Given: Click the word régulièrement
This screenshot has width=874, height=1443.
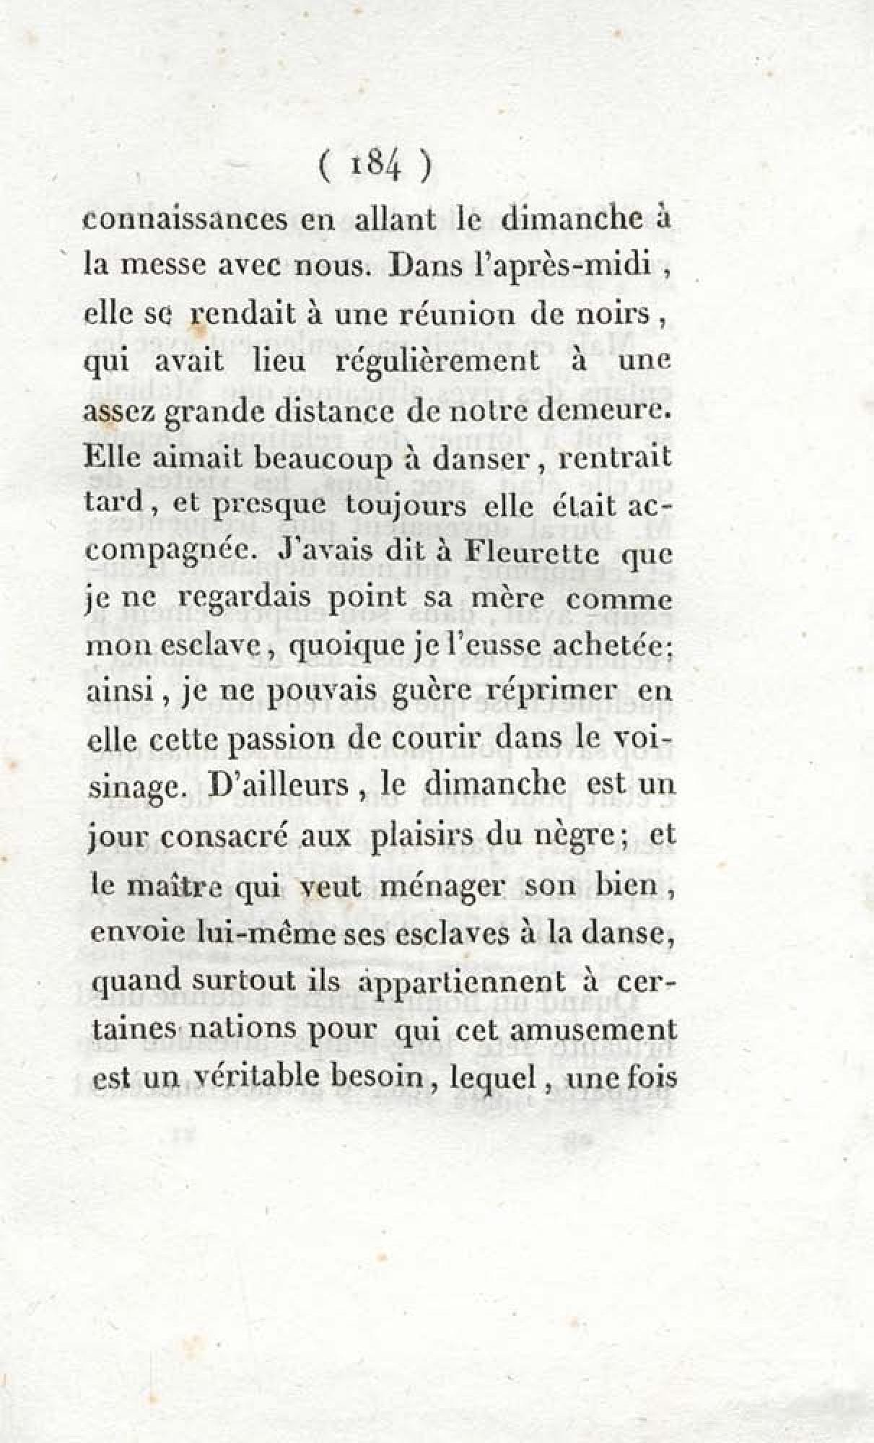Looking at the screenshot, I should pos(438,360).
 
